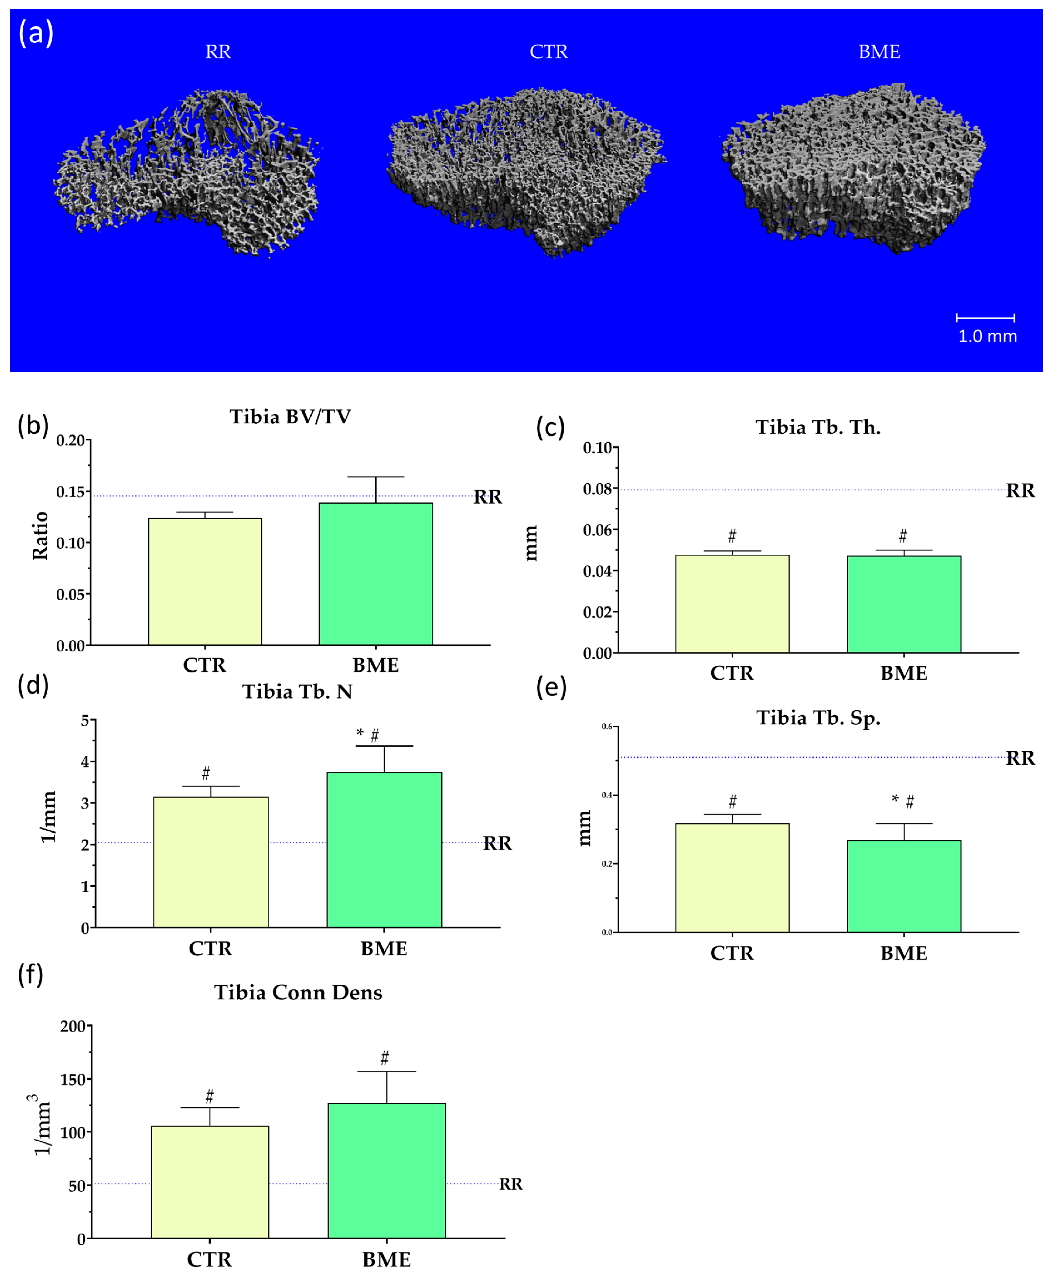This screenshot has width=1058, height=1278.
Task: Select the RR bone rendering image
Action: [x=187, y=173]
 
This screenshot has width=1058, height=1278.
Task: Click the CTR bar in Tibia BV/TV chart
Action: [x=205, y=581]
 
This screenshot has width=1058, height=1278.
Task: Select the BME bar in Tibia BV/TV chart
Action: [x=375, y=573]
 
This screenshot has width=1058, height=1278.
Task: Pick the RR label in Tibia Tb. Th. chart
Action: [x=1020, y=491]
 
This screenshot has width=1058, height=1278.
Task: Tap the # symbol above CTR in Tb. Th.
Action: [x=732, y=536]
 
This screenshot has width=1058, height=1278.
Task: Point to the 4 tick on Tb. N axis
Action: [x=85, y=762]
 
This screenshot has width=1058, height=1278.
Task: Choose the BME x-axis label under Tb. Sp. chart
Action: [x=904, y=953]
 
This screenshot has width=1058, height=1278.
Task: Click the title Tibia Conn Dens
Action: [x=298, y=992]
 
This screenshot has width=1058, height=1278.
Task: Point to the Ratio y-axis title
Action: [x=40, y=536]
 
